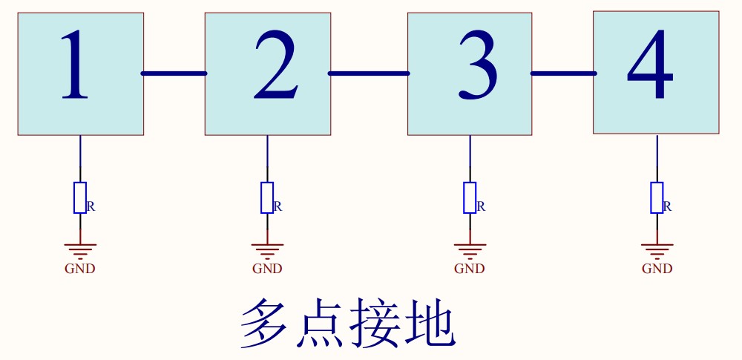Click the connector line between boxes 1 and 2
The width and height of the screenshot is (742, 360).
[x=174, y=73]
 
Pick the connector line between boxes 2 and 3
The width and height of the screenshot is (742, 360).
[x=369, y=73]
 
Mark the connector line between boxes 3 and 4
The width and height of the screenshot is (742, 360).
[x=563, y=73]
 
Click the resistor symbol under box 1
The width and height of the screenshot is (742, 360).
[x=80, y=197]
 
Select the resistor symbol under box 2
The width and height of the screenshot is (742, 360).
[x=267, y=197]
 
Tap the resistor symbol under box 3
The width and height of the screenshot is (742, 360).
[x=470, y=197]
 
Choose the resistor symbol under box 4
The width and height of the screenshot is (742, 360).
[x=657, y=197]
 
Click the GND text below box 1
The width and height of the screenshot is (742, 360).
[x=80, y=269]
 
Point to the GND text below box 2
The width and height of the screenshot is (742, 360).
[x=267, y=269]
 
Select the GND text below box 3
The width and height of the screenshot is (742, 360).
[x=470, y=269]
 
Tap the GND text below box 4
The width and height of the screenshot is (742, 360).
[x=657, y=269]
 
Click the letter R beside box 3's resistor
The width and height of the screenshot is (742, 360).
[x=481, y=206]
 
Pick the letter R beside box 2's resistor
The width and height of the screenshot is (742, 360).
[x=278, y=206]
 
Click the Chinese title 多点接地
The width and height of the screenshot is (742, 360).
[x=347, y=324]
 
